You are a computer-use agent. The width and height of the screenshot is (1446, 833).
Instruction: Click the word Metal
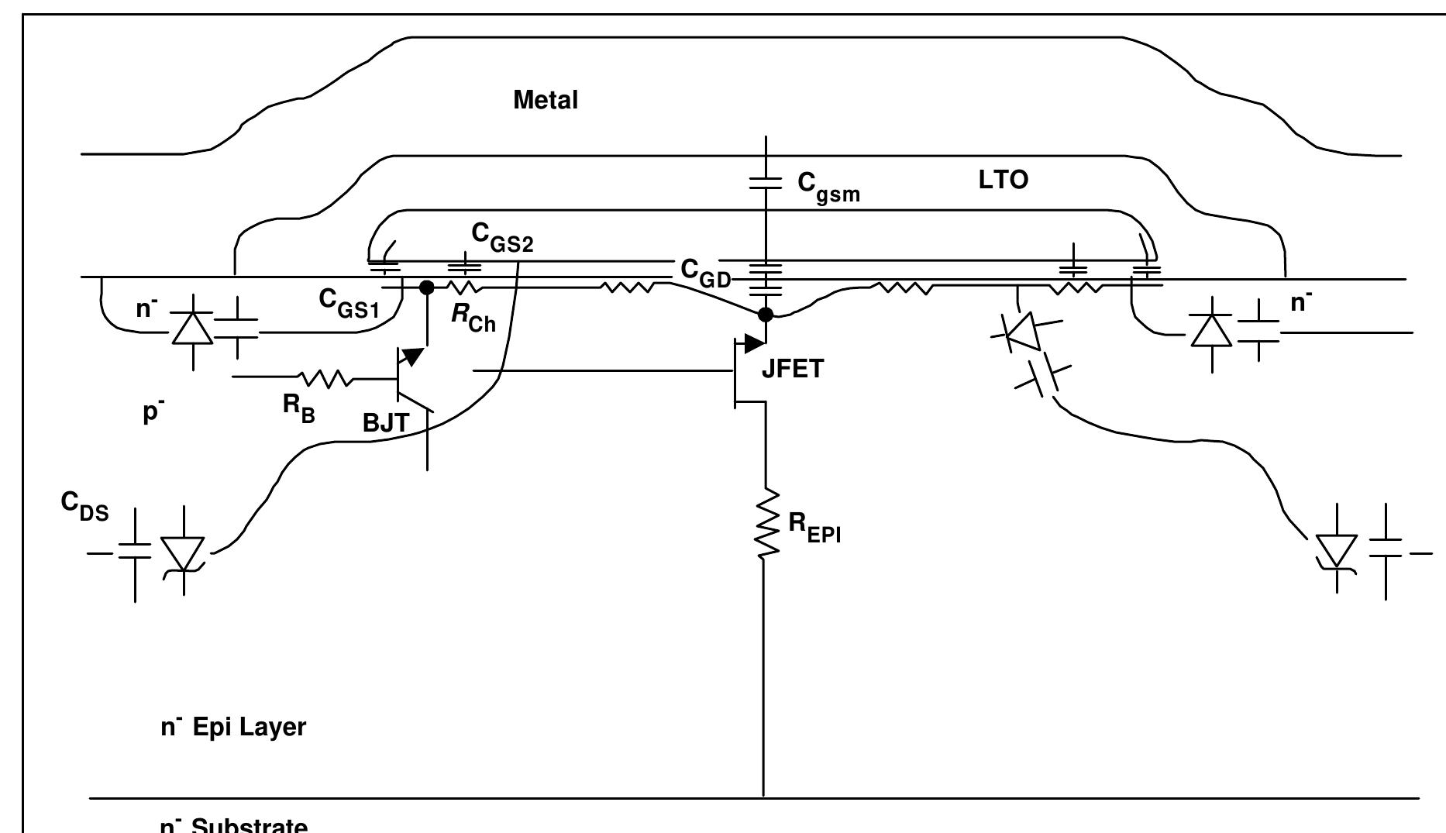(546, 101)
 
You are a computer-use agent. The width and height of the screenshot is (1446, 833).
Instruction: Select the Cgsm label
(828, 187)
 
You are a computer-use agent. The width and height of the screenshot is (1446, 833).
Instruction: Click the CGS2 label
(502, 237)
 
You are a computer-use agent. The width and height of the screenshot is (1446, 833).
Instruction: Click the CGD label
(705, 272)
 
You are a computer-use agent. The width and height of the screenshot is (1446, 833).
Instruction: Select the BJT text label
(385, 424)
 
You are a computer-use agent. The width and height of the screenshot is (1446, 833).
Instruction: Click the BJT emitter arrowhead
(415, 356)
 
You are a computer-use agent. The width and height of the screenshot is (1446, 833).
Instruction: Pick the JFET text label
(792, 370)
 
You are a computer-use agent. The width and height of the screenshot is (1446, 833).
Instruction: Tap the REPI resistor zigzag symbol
(766, 523)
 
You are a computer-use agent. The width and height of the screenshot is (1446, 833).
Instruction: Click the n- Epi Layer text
(232, 727)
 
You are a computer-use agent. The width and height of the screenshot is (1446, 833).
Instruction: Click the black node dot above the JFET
(766, 314)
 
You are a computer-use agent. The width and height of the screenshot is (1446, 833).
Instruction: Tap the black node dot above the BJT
(425, 287)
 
